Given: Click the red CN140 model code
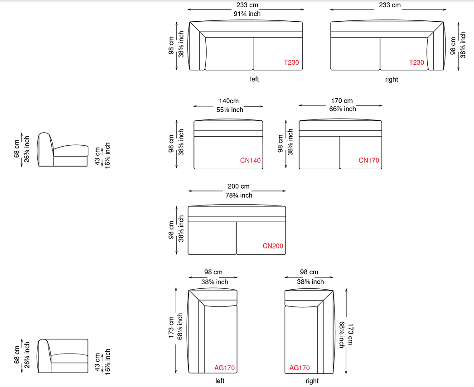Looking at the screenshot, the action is coord(250,160).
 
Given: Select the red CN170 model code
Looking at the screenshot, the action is coord(369,160).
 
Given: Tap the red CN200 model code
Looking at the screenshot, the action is coord(273,246).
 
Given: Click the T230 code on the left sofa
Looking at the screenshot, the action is coord(291,62).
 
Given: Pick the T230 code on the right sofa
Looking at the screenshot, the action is coord(416,62).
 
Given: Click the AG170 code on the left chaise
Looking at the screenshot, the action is coord(225,368).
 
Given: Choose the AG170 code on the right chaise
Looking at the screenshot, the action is coord(300,368).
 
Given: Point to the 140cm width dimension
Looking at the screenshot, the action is coord(229,101).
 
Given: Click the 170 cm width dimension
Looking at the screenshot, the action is coord(342,100).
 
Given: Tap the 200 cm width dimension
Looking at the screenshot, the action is coord(238,186).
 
